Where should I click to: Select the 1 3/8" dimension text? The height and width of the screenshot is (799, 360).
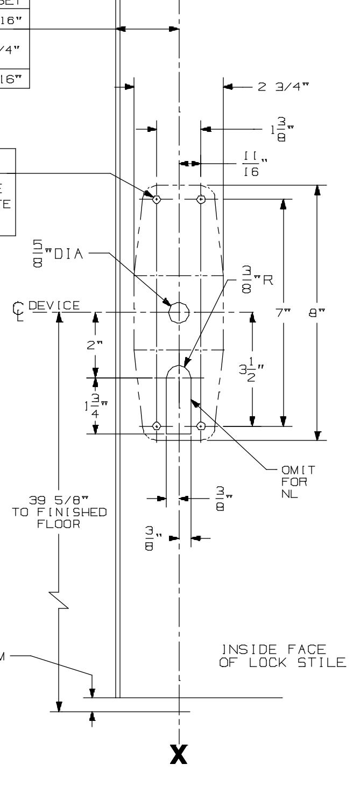point(283,130)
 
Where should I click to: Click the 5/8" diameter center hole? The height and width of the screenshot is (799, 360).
point(179,312)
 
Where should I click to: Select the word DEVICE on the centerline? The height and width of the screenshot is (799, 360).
point(54,306)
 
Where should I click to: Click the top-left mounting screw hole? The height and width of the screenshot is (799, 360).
point(156,199)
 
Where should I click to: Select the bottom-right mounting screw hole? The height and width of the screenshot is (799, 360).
point(201,426)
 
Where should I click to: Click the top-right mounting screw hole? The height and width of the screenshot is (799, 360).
point(201,199)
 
